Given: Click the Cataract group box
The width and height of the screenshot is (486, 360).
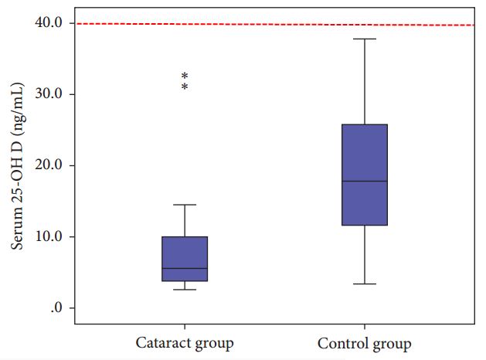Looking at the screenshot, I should coord(185,259).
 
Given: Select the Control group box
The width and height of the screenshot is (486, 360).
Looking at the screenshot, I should coord(364,175).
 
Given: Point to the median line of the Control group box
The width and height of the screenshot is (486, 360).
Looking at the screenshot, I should coord(364,181).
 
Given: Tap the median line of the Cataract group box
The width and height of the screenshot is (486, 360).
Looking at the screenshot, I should coord(185,268).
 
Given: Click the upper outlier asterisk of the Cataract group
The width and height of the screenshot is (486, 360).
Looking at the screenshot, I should coord(185,76).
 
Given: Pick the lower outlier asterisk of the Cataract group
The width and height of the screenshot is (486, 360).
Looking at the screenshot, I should coord(185,87).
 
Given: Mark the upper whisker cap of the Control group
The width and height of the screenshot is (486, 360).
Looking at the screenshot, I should coord(364,39).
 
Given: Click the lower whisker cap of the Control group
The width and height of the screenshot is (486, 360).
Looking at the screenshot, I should coord(364,284).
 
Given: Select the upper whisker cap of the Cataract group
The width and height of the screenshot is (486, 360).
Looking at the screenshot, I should coord(185,205).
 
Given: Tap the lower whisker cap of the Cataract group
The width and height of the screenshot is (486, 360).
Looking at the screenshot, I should coord(185,290).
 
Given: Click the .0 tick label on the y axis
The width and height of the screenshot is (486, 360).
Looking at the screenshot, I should coord(56,308).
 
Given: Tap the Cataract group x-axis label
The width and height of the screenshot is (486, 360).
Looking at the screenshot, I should coord(185,342).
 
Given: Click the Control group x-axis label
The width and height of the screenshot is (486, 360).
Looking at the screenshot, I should coord(364,342).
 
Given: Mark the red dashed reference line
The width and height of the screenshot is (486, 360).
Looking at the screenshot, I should coord(270,24).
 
